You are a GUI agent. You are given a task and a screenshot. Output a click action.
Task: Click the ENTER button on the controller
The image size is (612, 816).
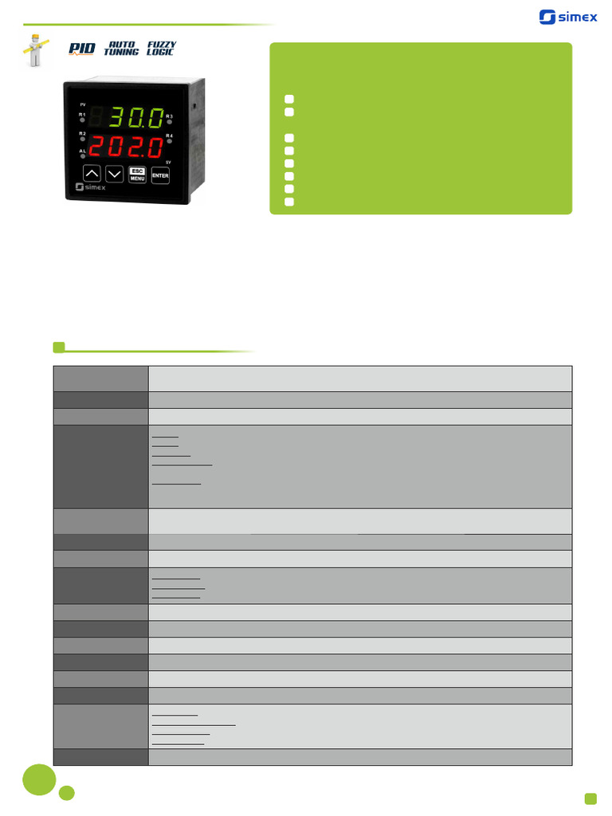click(160, 175)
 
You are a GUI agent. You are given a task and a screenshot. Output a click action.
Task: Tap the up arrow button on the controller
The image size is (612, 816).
click(92, 174)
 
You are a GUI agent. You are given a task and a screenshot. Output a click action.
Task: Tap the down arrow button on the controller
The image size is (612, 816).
click(115, 174)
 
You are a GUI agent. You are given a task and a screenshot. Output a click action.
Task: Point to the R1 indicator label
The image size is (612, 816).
click(82, 115)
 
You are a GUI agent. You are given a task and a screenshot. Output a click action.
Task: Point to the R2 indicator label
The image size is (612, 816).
click(82, 133)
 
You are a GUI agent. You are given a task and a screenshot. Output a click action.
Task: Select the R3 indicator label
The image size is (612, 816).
click(170, 116)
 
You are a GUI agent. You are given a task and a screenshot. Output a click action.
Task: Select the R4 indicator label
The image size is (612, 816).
click(170, 136)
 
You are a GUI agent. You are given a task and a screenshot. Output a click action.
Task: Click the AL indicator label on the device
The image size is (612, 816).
click(82, 151)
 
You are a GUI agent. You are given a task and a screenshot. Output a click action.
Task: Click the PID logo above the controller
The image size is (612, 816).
click(81, 49)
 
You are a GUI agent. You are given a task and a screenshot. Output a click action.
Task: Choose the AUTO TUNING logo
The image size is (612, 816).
click(121, 49)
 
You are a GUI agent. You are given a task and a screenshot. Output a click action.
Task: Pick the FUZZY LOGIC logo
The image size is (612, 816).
click(161, 49)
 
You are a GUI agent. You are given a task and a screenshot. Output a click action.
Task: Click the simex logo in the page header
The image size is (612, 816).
click(568, 17)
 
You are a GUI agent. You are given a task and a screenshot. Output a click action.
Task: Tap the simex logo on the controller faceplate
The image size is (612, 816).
click(90, 189)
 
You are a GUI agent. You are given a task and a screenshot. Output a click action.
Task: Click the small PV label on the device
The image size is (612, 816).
click(82, 104)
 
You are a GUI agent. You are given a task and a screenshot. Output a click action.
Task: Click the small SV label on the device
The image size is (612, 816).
click(168, 162)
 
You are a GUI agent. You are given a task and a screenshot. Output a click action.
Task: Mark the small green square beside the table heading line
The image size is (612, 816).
click(58, 347)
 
